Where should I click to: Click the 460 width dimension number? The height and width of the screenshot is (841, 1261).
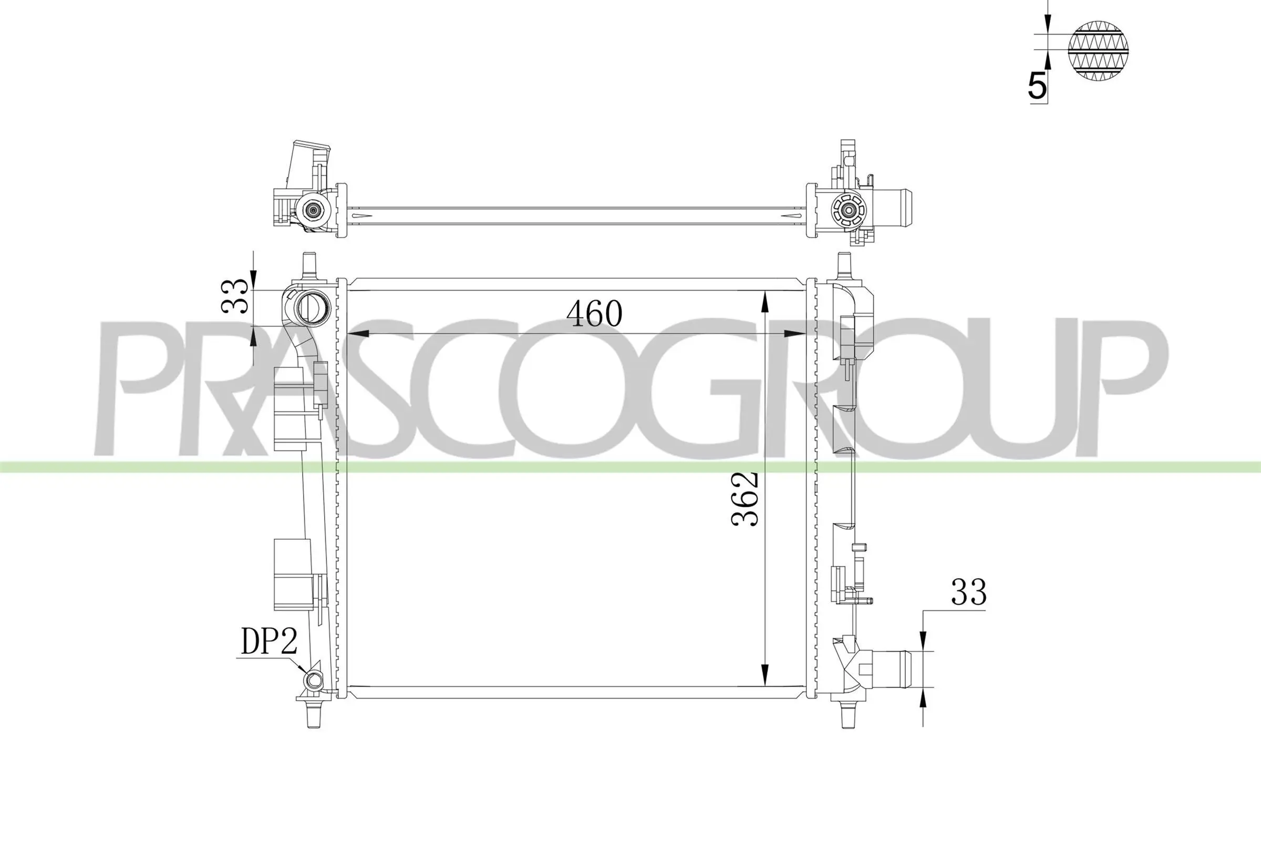(595, 314)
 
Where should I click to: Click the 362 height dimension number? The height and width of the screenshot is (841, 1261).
(745, 498)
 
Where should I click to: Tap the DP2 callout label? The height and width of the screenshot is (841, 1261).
(269, 641)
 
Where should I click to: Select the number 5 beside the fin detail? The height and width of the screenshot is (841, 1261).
(1037, 86)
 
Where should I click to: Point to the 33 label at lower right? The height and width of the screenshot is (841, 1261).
(968, 593)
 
